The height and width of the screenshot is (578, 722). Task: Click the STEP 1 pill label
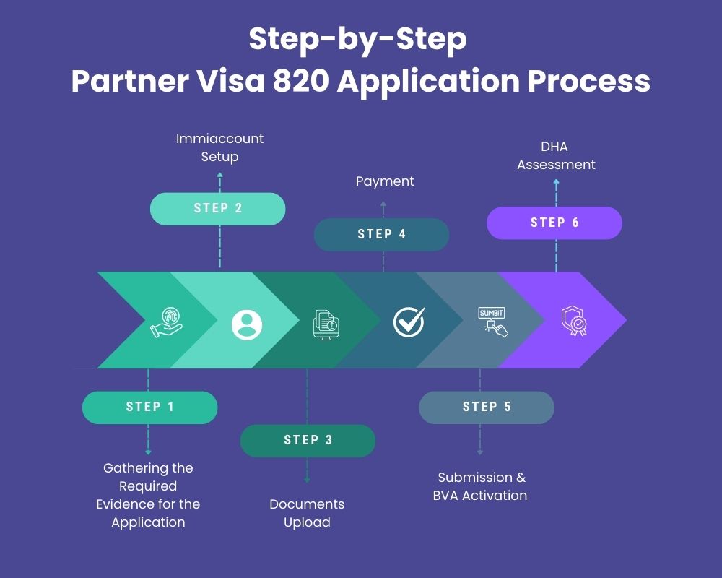click(149, 407)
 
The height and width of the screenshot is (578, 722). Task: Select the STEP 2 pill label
click(217, 208)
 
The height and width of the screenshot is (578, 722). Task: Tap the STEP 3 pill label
click(308, 440)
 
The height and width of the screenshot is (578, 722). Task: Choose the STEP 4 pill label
click(381, 234)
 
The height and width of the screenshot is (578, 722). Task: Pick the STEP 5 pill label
click(486, 407)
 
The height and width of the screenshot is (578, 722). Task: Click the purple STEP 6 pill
click(554, 223)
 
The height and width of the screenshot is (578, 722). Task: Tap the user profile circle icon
click(247, 324)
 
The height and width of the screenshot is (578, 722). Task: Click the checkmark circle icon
click(409, 322)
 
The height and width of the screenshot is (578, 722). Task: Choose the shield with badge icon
click(574, 322)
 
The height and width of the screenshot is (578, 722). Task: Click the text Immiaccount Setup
click(219, 147)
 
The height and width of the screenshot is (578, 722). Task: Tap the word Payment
click(385, 181)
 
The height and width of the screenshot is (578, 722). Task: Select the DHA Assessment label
click(556, 155)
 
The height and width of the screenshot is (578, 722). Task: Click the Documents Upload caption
click(307, 513)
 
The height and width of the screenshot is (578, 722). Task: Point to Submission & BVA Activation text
click(481, 486)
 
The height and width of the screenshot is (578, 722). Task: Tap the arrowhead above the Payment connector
click(383, 204)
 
